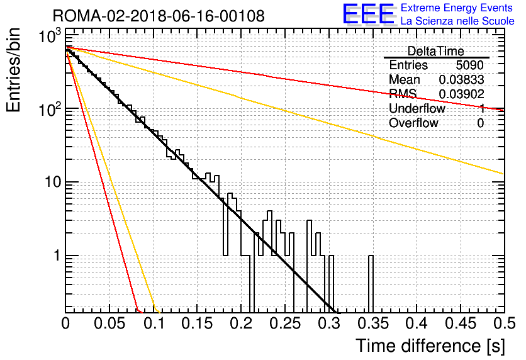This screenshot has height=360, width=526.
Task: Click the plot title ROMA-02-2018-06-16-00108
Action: point(159,16)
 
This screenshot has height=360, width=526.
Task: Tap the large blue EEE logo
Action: point(368,14)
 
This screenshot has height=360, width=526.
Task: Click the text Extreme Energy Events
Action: point(457,8)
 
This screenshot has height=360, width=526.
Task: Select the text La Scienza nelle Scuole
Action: point(457,21)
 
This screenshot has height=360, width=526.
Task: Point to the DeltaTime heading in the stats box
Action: point(435,51)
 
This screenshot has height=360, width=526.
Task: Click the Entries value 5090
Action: point(469,65)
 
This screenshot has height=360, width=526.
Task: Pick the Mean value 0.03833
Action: point(461,79)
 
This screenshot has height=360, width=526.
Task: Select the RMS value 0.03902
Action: point(461,94)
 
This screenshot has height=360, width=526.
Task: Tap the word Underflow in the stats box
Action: point(417,108)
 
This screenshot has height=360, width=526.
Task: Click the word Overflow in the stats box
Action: point(413,123)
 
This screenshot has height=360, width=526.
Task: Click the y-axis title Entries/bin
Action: point(13,70)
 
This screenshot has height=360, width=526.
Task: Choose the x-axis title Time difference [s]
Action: point(430,346)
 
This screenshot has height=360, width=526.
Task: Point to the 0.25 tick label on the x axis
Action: point(285,323)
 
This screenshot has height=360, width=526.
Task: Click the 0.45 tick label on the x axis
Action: point(461,323)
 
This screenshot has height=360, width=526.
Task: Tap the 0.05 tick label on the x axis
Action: point(109,323)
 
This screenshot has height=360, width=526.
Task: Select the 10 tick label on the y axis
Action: point(52,182)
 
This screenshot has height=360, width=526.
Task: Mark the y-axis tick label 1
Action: point(57,256)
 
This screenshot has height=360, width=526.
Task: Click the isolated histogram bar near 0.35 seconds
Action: point(371,283)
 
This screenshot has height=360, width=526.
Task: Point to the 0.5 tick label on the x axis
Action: point(505,323)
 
